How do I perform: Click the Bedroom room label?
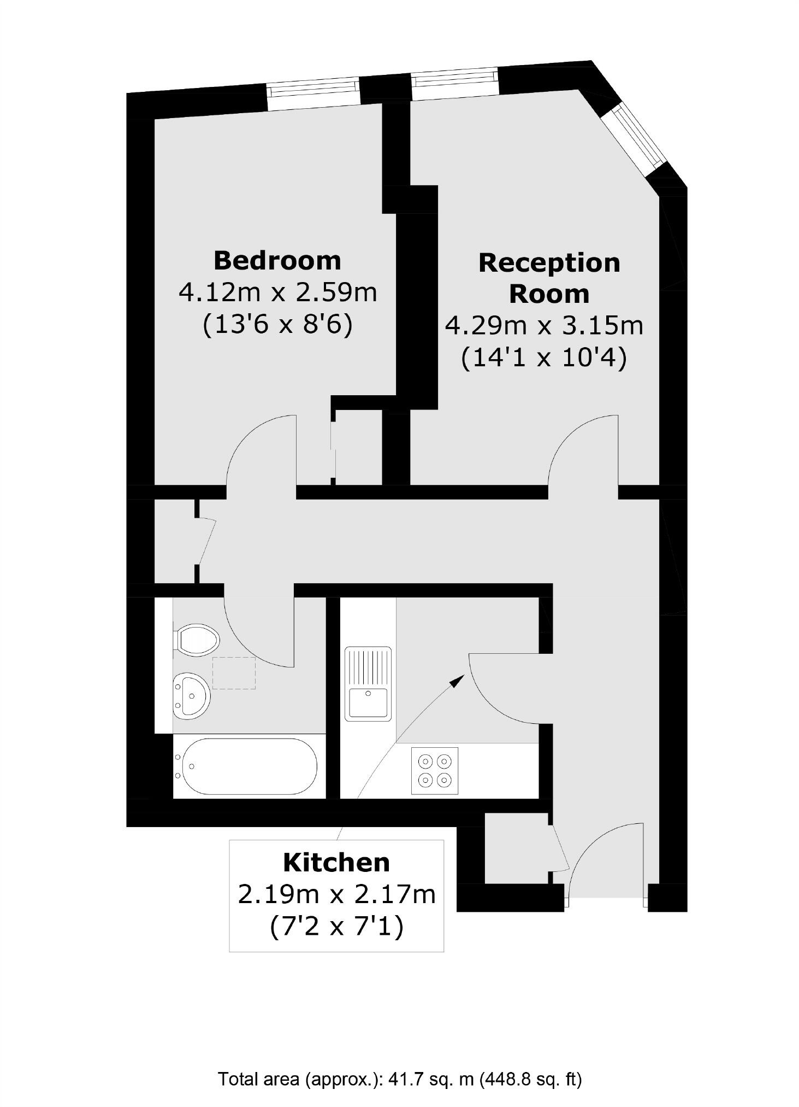(x=277, y=260)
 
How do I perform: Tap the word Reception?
(x=549, y=263)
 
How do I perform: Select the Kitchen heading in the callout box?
(x=336, y=863)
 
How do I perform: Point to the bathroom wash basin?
(x=191, y=695)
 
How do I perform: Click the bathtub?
(x=248, y=766)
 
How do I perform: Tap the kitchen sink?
(x=368, y=683)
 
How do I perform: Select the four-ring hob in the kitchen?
(x=435, y=770)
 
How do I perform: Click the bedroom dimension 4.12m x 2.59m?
(x=278, y=293)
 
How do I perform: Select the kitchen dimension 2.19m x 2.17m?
(x=336, y=895)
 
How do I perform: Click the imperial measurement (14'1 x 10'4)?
(x=544, y=359)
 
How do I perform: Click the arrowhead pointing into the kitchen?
(x=457, y=681)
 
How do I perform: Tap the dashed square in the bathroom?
(x=234, y=673)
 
